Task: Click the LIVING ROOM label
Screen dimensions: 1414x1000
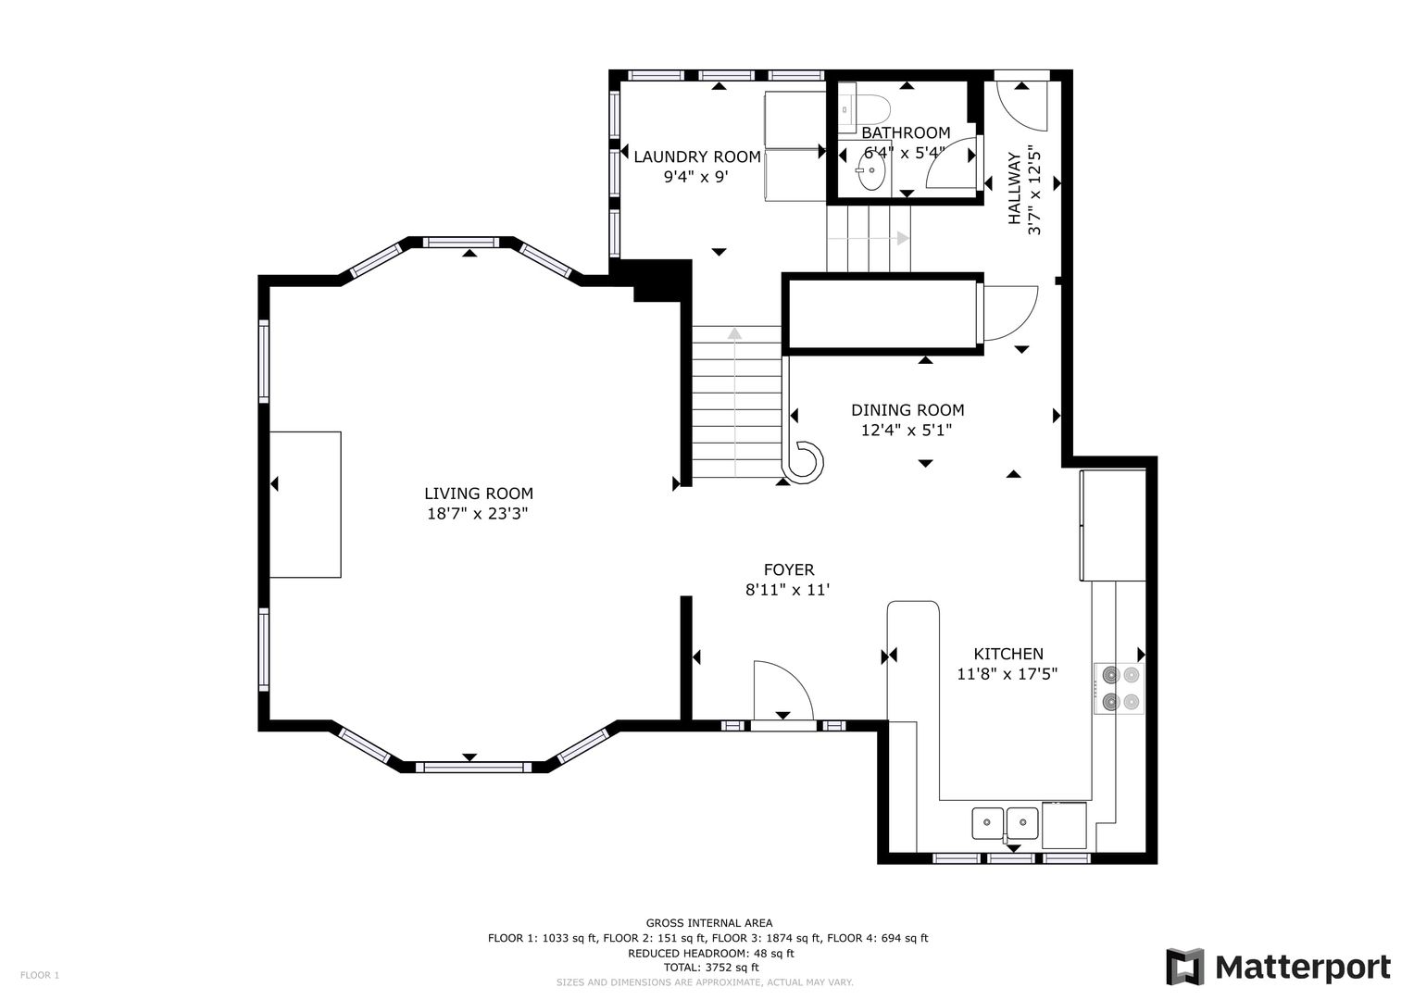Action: tap(479, 493)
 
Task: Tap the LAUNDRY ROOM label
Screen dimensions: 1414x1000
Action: tap(697, 156)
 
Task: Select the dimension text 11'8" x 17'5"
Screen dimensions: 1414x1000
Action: tap(1007, 674)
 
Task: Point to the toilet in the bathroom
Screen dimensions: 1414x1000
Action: tap(864, 108)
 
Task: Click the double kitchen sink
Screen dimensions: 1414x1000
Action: tap(1005, 823)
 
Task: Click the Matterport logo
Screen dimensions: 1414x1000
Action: tap(1278, 967)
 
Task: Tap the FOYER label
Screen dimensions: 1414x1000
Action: tap(789, 569)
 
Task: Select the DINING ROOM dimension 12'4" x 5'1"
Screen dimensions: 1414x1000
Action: tap(907, 430)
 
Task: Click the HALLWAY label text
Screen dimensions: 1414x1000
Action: tap(1014, 188)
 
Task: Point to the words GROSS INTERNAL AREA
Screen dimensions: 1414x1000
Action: tap(709, 923)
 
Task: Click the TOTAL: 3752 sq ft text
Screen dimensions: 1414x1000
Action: tap(711, 968)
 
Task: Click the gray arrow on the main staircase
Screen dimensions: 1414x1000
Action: tap(734, 402)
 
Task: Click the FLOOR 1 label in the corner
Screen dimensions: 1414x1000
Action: tap(40, 975)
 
